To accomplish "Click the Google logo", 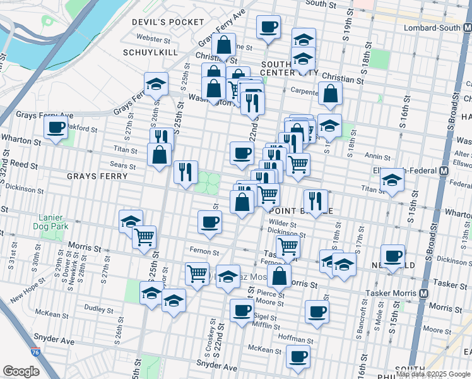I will [x=21, y=371].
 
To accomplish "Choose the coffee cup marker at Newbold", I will [x=392, y=256].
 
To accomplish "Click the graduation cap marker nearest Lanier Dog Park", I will [x=131, y=221].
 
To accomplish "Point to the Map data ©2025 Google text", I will [x=433, y=374].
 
